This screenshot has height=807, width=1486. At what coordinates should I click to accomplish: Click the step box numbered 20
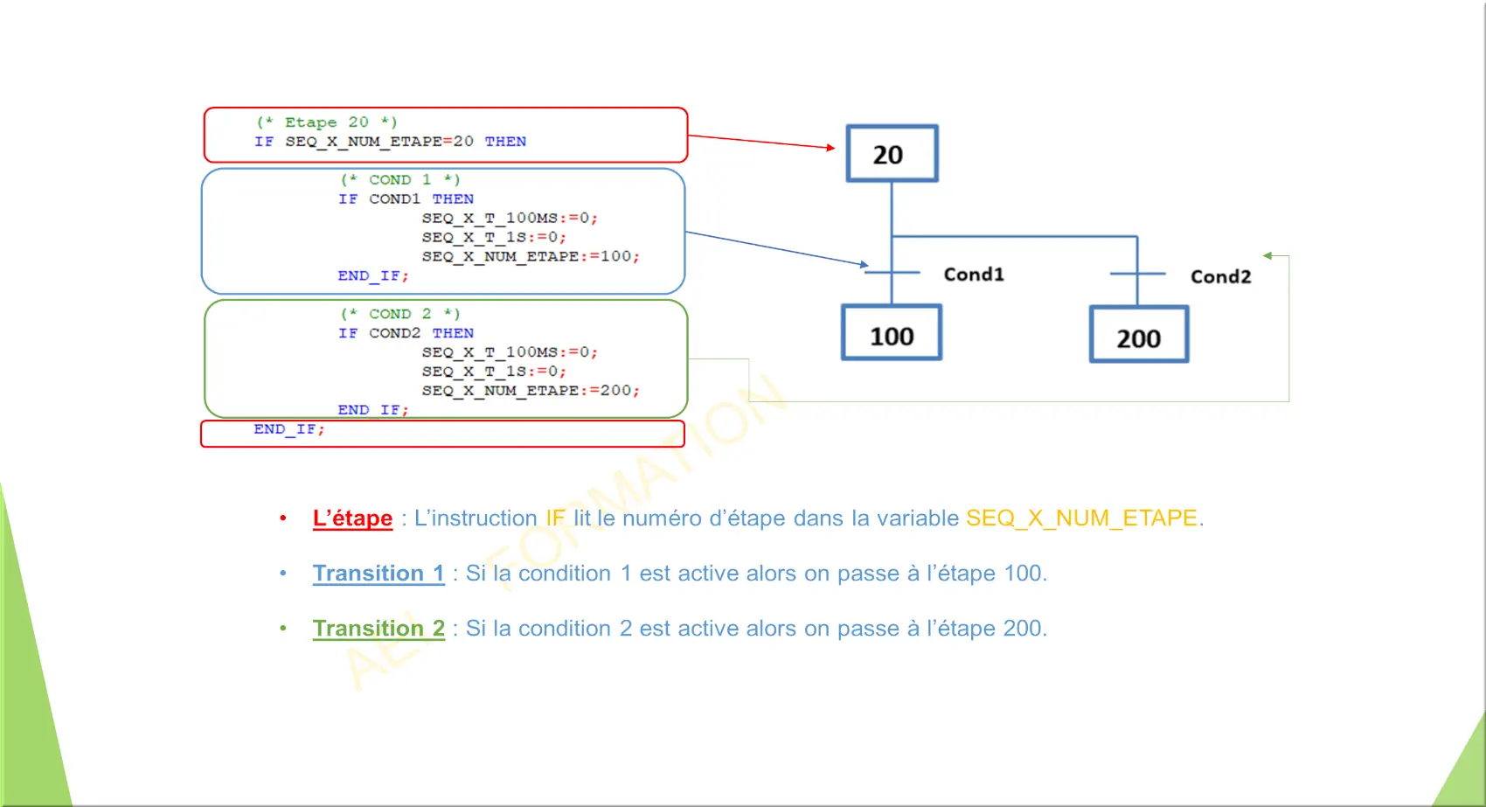[892, 154]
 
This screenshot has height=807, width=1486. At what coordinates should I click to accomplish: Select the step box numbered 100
[892, 333]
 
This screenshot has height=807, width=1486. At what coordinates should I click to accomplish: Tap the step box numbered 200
[1138, 335]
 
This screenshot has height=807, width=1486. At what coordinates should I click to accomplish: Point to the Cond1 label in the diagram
[974, 275]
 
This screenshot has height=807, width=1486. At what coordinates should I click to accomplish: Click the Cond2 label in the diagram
[1220, 277]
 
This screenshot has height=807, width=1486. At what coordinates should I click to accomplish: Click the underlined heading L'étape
[352, 518]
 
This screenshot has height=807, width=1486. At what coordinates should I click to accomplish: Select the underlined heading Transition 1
[378, 574]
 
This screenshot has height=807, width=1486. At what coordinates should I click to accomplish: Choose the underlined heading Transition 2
[378, 629]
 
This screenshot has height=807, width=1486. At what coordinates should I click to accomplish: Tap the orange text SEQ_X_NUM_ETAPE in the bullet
[1081, 518]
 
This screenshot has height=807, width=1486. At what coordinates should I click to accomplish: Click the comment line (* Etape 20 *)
[327, 122]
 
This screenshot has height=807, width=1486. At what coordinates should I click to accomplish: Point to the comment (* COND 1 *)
[400, 180]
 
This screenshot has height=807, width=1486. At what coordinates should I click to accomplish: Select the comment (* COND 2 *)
[400, 314]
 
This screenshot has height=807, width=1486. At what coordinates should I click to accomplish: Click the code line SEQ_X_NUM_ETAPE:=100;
[531, 257]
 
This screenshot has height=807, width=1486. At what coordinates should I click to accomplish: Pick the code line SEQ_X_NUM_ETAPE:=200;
[531, 391]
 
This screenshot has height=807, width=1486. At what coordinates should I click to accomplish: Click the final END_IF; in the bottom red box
[289, 429]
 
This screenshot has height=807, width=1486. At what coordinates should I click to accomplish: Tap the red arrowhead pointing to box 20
[831, 148]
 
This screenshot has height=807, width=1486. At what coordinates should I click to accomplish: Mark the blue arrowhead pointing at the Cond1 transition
[865, 264]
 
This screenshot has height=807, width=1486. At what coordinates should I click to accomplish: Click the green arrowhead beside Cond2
[1267, 255]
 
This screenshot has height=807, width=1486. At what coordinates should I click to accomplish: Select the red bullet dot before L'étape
[283, 518]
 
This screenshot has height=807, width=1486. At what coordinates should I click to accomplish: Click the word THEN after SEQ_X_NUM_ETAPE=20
[505, 142]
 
